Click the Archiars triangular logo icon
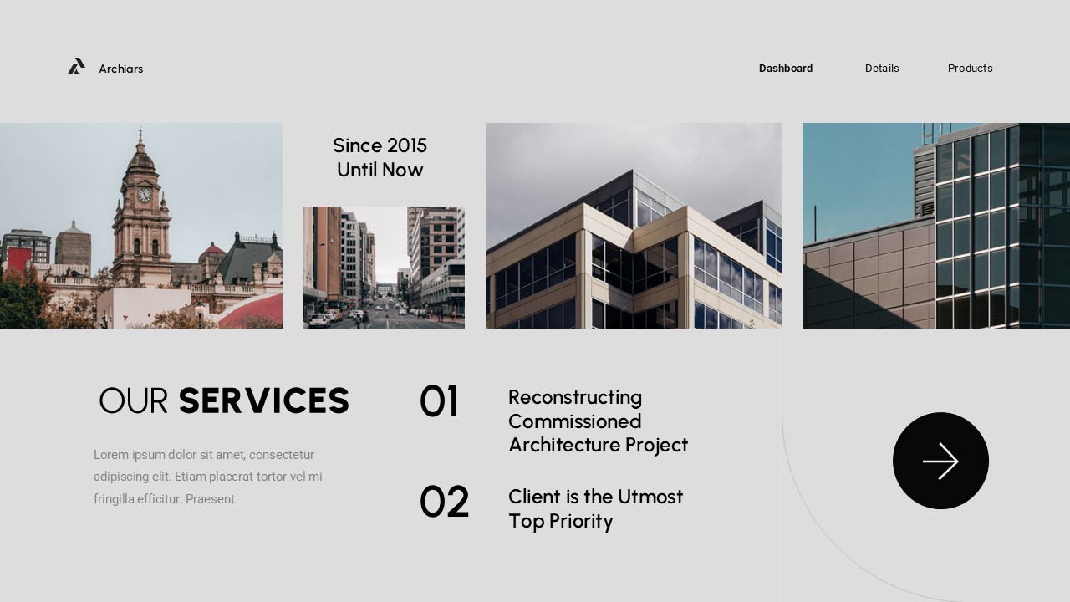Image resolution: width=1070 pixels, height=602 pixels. [x=76, y=66]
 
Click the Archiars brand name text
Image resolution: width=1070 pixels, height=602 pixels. [x=121, y=69]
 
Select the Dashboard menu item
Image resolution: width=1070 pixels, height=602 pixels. [x=786, y=69]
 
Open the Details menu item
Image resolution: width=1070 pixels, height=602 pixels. [x=882, y=69]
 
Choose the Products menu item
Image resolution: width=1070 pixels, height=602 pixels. [x=970, y=69]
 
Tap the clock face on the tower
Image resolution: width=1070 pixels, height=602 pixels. [x=145, y=195]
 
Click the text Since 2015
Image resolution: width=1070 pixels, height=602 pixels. [x=380, y=145]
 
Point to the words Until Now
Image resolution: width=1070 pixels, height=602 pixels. [x=380, y=170]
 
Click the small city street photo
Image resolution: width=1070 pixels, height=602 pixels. [x=384, y=268]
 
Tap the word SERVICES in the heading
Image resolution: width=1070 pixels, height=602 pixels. [x=264, y=401]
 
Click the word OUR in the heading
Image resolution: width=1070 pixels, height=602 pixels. [x=134, y=401]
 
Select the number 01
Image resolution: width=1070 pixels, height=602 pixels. [x=439, y=402]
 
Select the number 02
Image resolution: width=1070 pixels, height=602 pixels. [x=444, y=503]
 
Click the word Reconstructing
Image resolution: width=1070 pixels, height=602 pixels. [x=575, y=397]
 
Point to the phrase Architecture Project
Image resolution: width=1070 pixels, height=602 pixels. [x=598, y=445]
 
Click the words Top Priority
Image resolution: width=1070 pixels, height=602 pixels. [x=560, y=521]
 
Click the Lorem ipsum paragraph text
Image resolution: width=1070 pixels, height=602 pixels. [x=207, y=477]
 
